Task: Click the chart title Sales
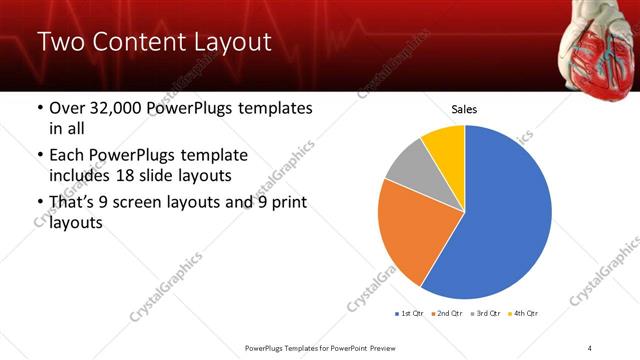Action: tap(465, 108)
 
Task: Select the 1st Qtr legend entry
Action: tap(410, 314)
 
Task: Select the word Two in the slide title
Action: tap(59, 43)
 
